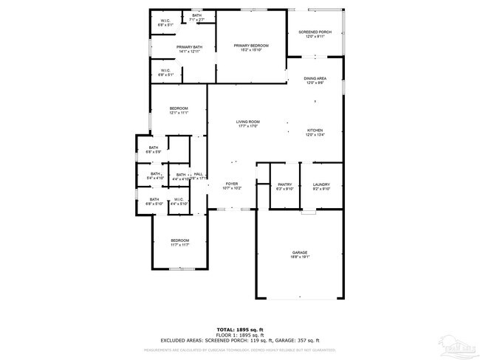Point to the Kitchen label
(315, 131)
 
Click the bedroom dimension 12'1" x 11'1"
(179, 114)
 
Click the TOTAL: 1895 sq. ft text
(240, 329)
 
